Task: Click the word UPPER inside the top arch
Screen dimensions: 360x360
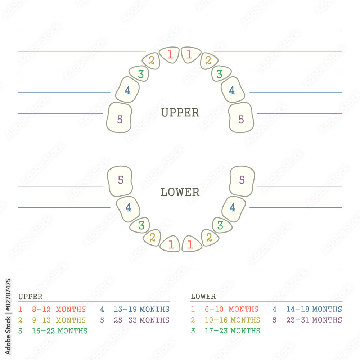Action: pos(180,113)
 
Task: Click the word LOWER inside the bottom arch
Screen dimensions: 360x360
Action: pos(180,192)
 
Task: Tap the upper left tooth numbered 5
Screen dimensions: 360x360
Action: pos(120,118)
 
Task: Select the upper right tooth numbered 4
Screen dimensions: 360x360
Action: pos(233,90)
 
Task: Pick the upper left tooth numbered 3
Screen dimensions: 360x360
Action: pos(140,74)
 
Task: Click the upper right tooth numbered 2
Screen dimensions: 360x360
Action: pos(208,60)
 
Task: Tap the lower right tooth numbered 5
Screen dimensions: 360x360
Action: pos(242,181)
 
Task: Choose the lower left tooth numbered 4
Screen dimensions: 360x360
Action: pos(128,208)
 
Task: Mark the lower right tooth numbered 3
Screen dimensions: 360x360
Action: pos(221,225)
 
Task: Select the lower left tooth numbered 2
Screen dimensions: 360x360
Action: pos(152,238)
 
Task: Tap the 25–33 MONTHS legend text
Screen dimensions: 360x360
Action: pos(141,320)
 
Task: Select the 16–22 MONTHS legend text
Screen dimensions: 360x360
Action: pos(60,331)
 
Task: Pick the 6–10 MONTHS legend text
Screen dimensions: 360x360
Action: pos(232,309)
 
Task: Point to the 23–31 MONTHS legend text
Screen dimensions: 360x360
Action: pos(314,320)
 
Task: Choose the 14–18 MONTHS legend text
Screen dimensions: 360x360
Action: pos(314,309)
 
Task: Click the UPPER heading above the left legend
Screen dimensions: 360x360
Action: pos(30,297)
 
